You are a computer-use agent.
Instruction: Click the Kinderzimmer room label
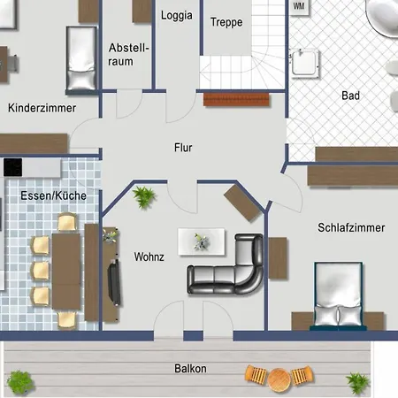coord(42,108)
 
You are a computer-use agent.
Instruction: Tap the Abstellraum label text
coord(128,55)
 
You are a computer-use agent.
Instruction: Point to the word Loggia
coord(177,15)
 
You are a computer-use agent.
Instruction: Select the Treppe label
coord(226,22)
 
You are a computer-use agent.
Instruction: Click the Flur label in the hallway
coord(183,148)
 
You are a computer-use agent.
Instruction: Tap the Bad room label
coord(350,96)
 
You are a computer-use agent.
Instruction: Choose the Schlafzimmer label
coord(351,227)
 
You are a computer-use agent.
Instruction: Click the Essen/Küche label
coord(53,195)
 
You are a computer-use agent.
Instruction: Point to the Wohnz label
coord(149,256)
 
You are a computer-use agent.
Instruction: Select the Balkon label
coord(190,369)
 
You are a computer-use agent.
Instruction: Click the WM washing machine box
coord(299,6)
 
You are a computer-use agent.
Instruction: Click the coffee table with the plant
coord(202,241)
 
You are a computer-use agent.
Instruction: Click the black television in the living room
coord(114,282)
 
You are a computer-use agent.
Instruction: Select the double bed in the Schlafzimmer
coord(338,295)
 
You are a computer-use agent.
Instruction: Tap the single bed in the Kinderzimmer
coord(81,59)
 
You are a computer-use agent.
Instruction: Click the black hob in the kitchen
coord(12,167)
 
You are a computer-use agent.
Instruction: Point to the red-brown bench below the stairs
coord(236,100)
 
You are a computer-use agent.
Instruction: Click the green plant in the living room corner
coord(143,197)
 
